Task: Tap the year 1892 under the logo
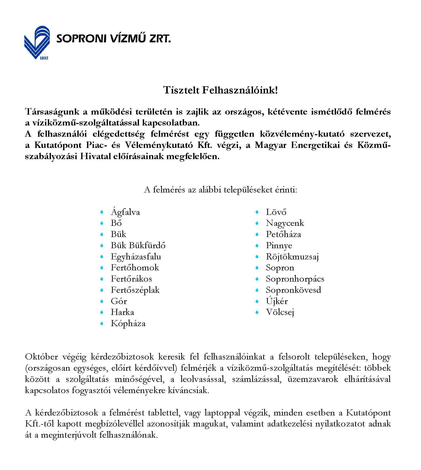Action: click(44, 58)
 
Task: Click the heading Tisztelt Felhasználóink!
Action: click(220, 90)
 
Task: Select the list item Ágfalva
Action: click(125, 212)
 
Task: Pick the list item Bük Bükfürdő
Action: click(138, 245)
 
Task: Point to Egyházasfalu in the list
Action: click(136, 257)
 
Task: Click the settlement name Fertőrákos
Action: click(131, 279)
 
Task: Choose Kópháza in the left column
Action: click(128, 324)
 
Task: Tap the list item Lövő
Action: click(276, 212)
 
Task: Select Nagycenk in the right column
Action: click(285, 223)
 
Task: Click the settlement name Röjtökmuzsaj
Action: click(292, 257)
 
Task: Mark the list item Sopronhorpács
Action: click(295, 279)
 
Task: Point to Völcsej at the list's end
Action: click(280, 312)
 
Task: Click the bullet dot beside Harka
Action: click(102, 312)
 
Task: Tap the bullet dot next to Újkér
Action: click(257, 301)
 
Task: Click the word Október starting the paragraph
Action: click(41, 357)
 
